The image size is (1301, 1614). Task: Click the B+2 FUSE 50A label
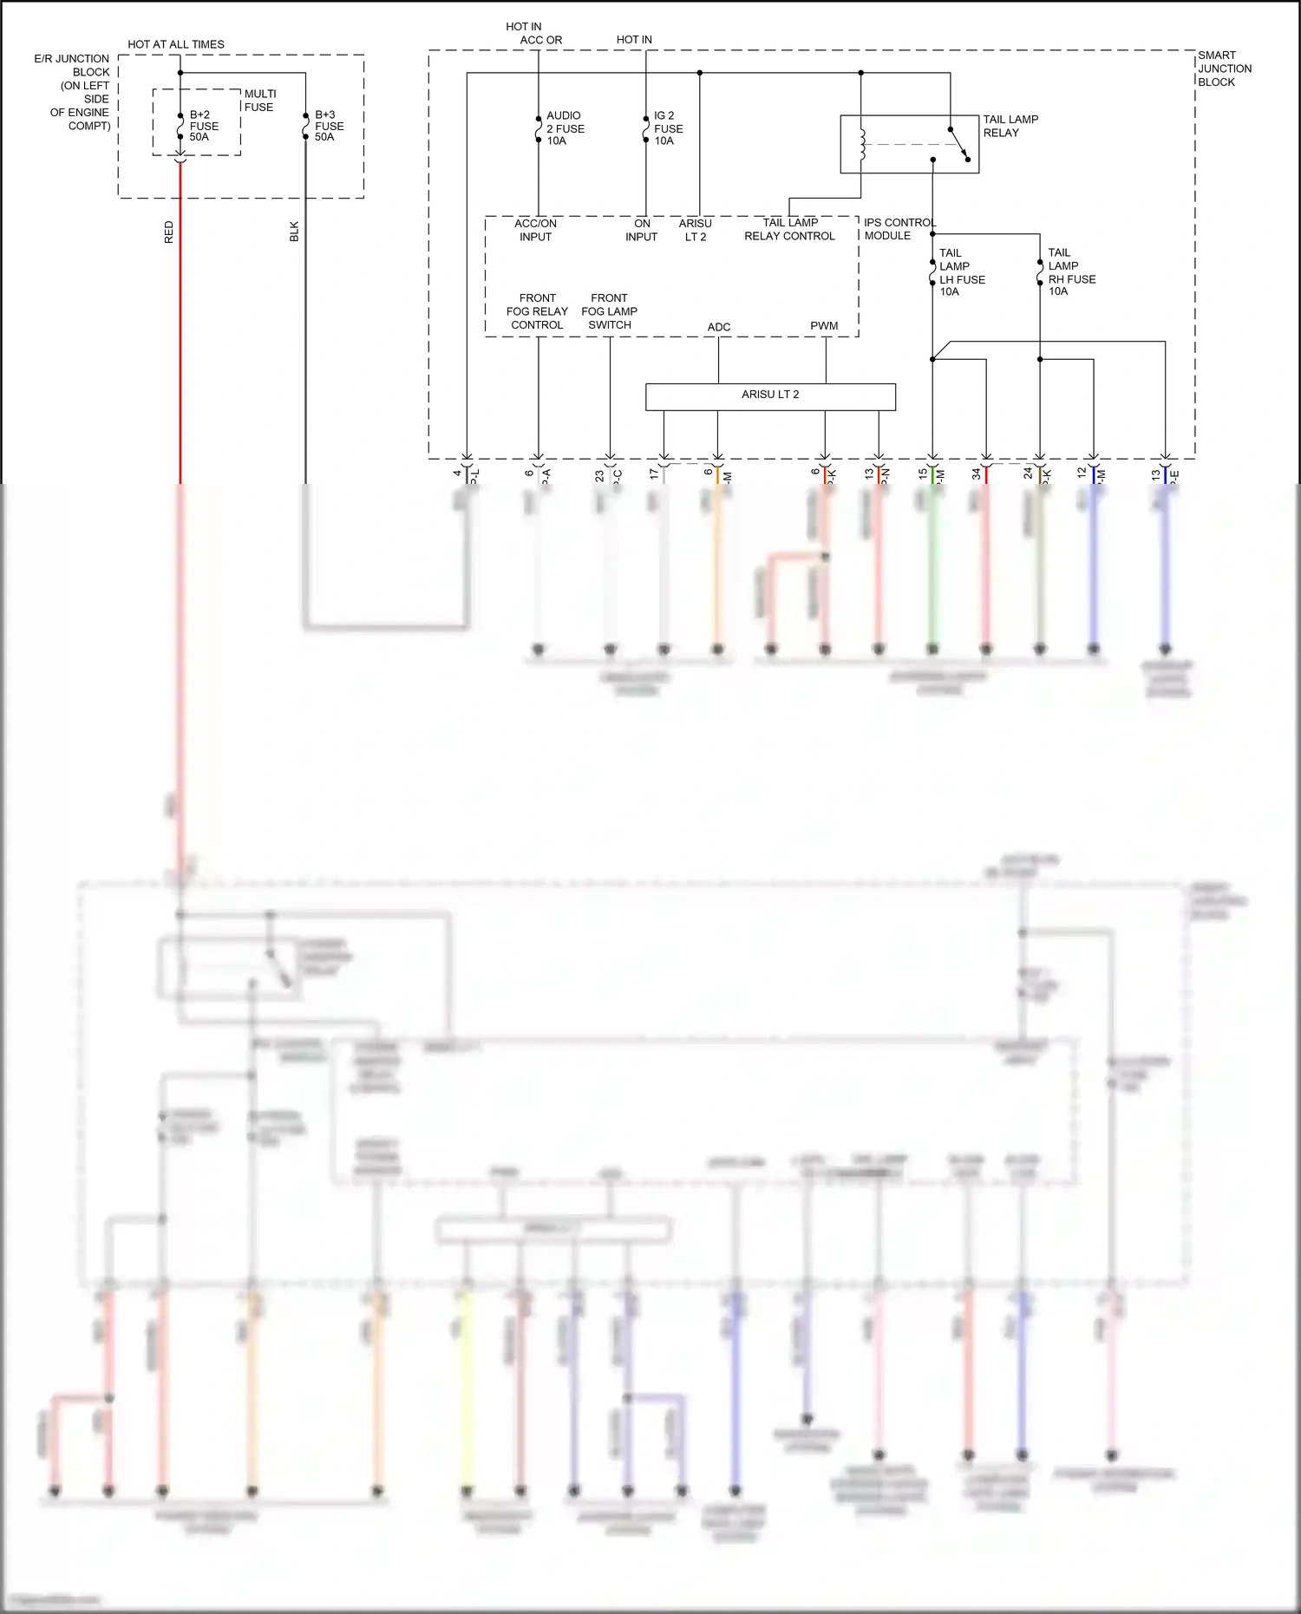(204, 126)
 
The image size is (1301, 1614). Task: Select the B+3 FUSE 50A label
(329, 126)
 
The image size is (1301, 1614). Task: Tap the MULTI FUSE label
(259, 101)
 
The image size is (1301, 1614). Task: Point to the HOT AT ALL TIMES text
(176, 44)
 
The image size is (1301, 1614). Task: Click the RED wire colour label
(169, 232)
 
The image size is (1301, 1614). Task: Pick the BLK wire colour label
(294, 232)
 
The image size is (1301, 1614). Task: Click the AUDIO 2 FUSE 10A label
(565, 127)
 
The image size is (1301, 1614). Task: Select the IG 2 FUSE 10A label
(668, 127)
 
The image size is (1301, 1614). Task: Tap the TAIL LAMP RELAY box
(909, 144)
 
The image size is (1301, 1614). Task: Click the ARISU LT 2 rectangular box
(770, 396)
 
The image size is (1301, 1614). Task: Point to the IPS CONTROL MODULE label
(899, 229)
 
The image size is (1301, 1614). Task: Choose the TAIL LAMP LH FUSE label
(961, 272)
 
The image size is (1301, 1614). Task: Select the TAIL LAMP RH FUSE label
(1070, 272)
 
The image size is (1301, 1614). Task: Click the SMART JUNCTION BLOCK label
(1224, 69)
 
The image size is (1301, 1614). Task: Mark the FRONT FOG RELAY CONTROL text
(537, 311)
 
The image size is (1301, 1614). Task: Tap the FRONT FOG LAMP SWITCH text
(609, 311)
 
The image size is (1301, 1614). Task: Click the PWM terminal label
(824, 326)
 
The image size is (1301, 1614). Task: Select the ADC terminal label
(718, 327)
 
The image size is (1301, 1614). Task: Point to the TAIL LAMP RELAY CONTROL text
(789, 229)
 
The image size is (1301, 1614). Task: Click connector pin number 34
(977, 474)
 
